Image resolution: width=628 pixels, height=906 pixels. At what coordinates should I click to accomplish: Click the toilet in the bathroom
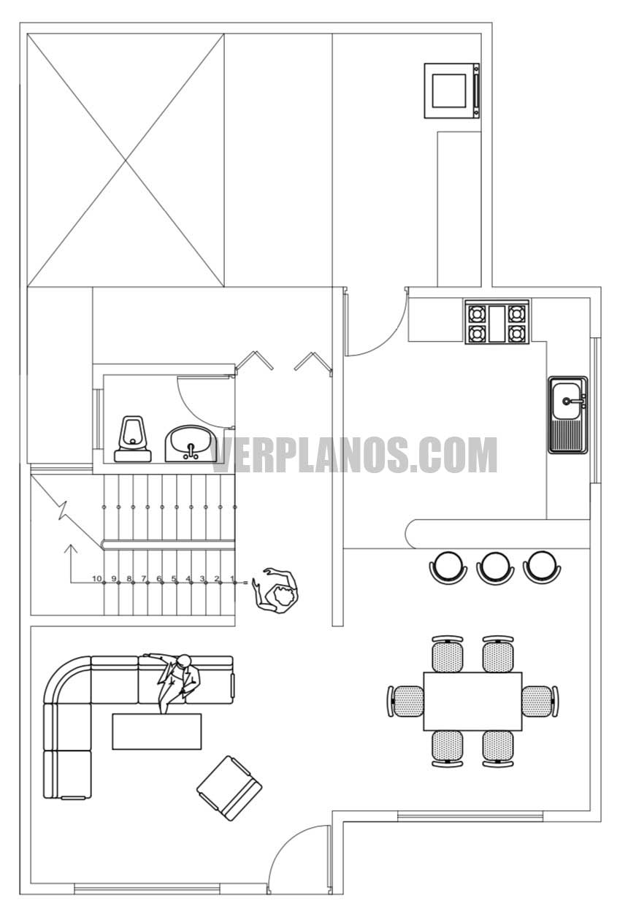pos(133,439)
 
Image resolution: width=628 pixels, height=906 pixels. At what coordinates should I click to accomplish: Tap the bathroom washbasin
pos(190,443)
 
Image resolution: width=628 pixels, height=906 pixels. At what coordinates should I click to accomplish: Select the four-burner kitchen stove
pos(497,323)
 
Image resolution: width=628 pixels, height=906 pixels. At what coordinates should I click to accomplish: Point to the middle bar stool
pos(495,567)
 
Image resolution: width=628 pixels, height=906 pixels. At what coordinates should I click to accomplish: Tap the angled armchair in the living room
pos(229,788)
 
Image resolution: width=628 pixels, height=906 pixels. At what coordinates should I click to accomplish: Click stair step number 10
pos(96,578)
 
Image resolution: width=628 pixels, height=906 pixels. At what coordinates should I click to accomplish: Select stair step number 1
pos(232,578)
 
